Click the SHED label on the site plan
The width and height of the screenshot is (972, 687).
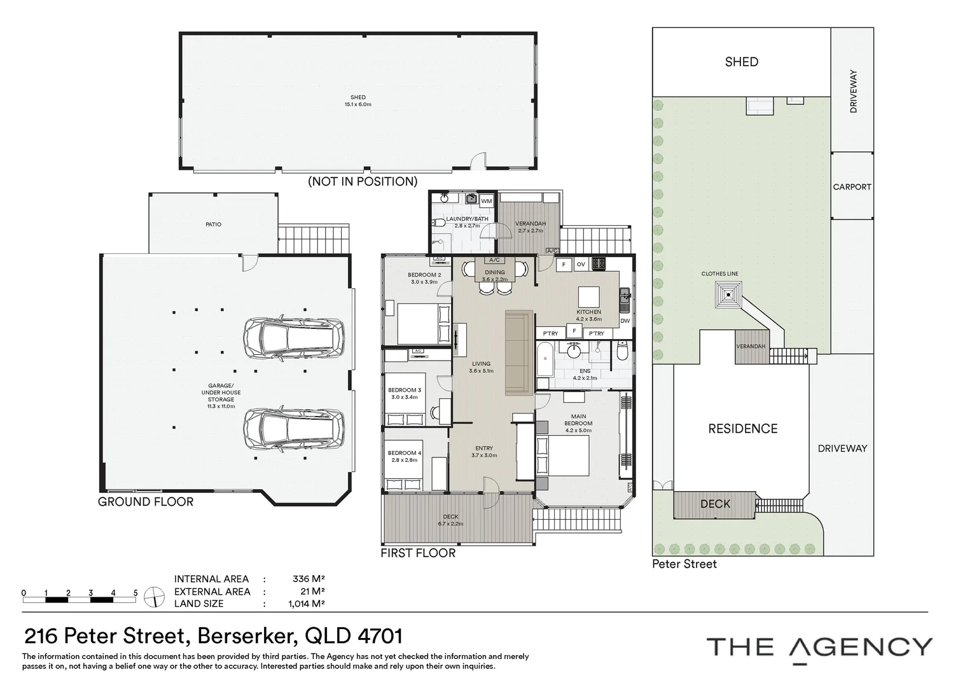(741, 62)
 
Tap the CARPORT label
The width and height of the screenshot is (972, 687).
(852, 187)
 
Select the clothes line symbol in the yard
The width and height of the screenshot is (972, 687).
(727, 295)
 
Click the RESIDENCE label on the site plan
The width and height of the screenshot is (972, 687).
(742, 429)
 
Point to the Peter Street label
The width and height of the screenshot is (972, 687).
(684, 564)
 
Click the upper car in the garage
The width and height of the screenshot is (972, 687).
(294, 338)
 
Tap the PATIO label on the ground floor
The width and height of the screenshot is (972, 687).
(213, 225)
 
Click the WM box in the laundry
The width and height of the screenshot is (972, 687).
(487, 201)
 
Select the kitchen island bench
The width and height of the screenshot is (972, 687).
(589, 297)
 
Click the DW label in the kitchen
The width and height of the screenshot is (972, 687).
(625, 321)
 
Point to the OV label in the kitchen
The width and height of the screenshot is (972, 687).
(581, 264)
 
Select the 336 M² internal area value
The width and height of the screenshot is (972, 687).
(309, 579)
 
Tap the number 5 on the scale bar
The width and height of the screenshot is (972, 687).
(135, 593)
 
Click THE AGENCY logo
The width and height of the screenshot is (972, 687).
(819, 648)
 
